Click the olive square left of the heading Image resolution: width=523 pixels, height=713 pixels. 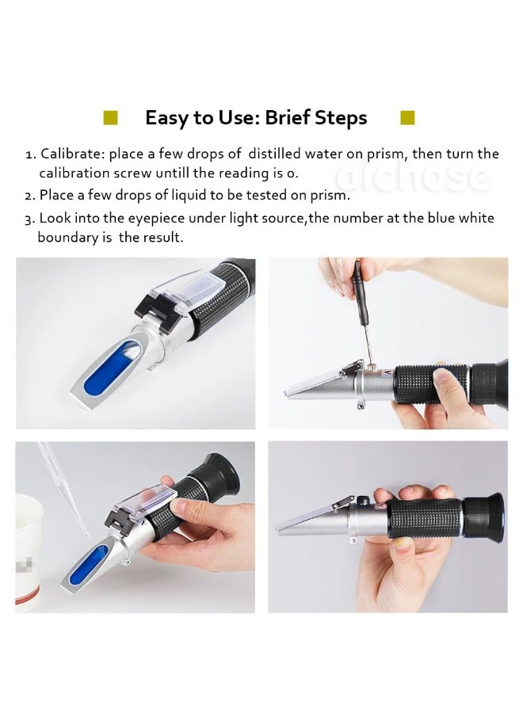pyautogui.click(x=110, y=117)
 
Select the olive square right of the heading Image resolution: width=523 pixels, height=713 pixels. pyautogui.click(x=407, y=117)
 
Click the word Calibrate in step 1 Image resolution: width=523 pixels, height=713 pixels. pyautogui.click(x=73, y=154)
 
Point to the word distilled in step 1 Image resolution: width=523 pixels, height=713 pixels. pyautogui.click(x=274, y=154)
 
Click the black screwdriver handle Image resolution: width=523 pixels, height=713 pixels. pyautogui.click(x=359, y=292)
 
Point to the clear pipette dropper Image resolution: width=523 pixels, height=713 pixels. pyautogui.click(x=63, y=490)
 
